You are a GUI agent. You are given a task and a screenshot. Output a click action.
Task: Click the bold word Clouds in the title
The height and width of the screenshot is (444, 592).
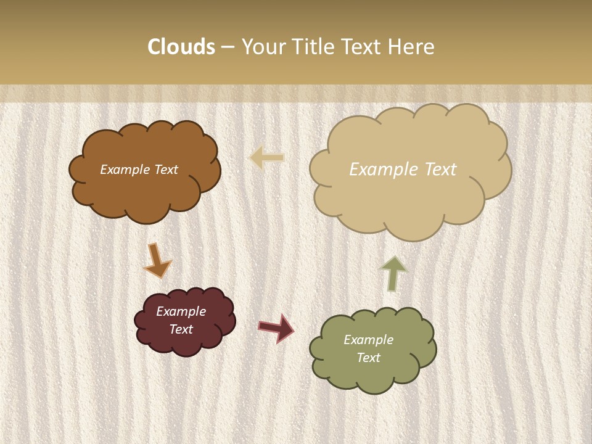[x=181, y=47]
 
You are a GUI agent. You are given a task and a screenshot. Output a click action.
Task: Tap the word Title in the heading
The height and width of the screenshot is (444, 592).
[x=315, y=47]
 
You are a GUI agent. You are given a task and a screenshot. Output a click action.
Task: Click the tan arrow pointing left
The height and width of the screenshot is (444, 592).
[x=266, y=158]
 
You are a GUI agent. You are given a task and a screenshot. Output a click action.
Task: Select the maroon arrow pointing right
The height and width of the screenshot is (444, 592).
[x=276, y=327]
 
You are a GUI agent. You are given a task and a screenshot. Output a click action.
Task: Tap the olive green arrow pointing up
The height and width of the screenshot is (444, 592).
[x=393, y=273]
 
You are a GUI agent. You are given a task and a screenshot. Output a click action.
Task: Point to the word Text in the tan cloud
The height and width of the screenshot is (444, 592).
[x=436, y=170]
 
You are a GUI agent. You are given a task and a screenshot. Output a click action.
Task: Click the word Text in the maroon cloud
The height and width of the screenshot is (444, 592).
[x=181, y=329]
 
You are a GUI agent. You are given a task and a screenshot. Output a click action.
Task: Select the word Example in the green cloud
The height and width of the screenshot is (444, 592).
[x=368, y=340]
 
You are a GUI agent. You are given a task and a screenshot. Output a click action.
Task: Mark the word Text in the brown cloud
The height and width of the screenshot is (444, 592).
[x=166, y=170]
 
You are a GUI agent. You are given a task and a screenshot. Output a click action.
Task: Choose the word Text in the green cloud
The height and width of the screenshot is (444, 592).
[x=368, y=358]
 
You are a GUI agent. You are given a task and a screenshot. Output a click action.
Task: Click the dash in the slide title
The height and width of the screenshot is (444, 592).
[x=228, y=47]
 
